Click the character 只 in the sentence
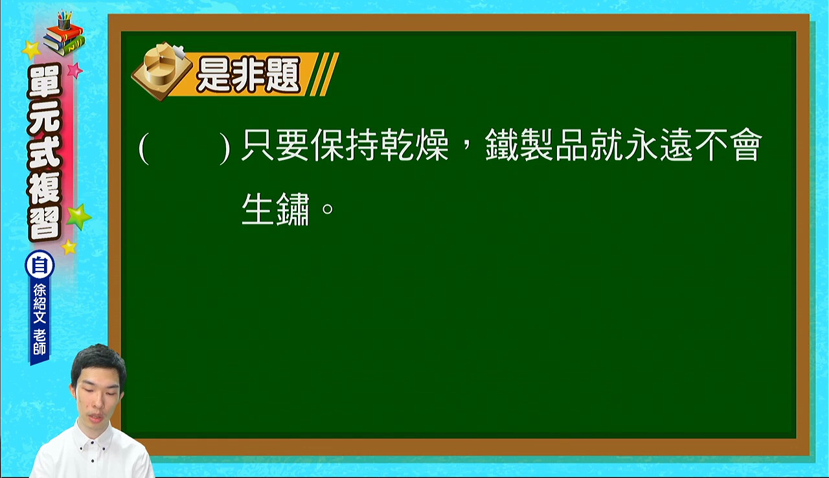coord(258,144)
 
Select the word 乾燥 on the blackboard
coord(415,144)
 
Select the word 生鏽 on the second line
coord(275,209)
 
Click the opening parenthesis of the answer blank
coord(144,149)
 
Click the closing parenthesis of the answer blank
coord(225,149)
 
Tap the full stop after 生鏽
coord(328,209)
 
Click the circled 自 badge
coord(40,265)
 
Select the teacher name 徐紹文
coord(40,303)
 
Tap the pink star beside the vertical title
coord(74,70)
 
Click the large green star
coord(78,216)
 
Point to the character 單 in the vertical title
coord(45,82)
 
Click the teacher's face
coord(98,396)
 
